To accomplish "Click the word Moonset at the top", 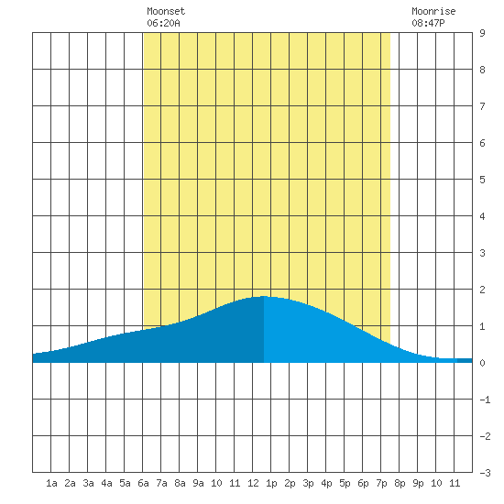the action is pyautogui.click(x=166, y=11).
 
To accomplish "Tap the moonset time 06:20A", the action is pyautogui.click(x=163, y=23).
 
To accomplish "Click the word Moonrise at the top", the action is pyautogui.click(x=433, y=11).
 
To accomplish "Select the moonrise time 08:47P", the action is pyautogui.click(x=428, y=23).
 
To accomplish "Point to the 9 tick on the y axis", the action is pyautogui.click(x=482, y=33).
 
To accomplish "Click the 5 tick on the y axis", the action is pyautogui.click(x=482, y=180).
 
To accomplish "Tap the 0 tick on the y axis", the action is pyautogui.click(x=482, y=363).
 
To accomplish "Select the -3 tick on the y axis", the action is pyautogui.click(x=485, y=473).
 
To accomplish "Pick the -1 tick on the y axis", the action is pyautogui.click(x=485, y=400).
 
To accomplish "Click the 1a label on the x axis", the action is pyautogui.click(x=51, y=483).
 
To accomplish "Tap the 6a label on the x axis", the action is pyautogui.click(x=143, y=483).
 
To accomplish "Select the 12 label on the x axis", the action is pyautogui.click(x=253, y=483).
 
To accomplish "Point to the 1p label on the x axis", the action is pyautogui.click(x=271, y=483).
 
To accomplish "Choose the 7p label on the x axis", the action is pyautogui.click(x=381, y=483).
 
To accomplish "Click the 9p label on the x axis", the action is pyautogui.click(x=418, y=483).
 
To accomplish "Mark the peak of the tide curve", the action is pyautogui.click(x=264, y=296).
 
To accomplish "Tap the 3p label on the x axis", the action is pyautogui.click(x=308, y=483).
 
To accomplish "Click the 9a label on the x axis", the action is pyautogui.click(x=198, y=483).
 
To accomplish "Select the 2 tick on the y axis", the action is pyautogui.click(x=482, y=290).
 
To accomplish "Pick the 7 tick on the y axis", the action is pyautogui.click(x=482, y=106).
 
